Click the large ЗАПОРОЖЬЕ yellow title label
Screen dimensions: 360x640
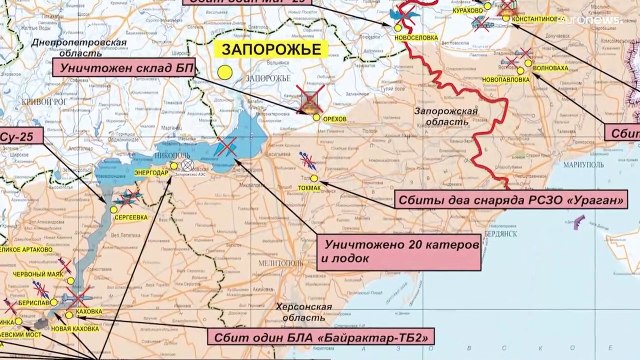(257, 49)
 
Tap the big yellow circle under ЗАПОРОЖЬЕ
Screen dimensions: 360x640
(226, 72)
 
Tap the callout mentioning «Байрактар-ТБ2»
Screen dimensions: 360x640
(320, 337)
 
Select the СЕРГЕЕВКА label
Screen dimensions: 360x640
(132, 216)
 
